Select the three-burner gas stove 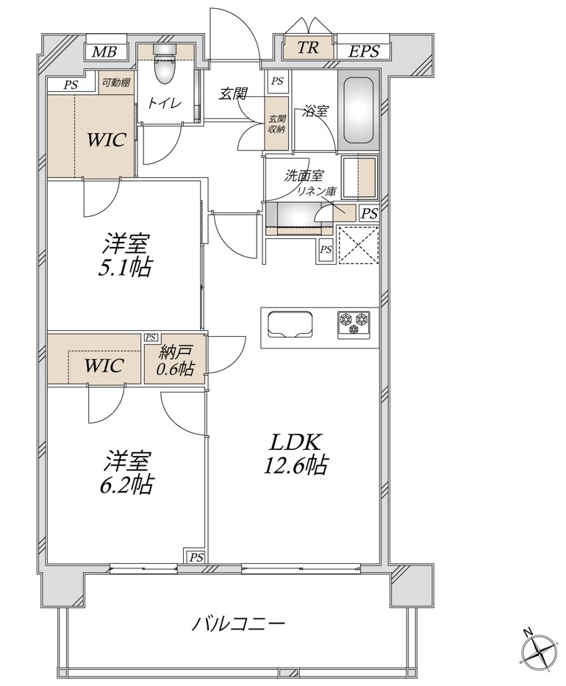click(354, 325)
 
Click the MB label click(104, 52)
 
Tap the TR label click(308, 47)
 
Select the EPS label click(363, 51)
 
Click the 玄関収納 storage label click(276, 124)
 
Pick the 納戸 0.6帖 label click(175, 360)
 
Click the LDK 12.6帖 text click(295, 454)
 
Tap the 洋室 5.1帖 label click(126, 255)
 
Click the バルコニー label click(239, 624)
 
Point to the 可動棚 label click(116, 82)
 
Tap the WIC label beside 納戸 click(104, 365)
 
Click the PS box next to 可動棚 click(71, 85)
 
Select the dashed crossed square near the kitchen click(358, 244)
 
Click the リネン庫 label click(317, 190)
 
